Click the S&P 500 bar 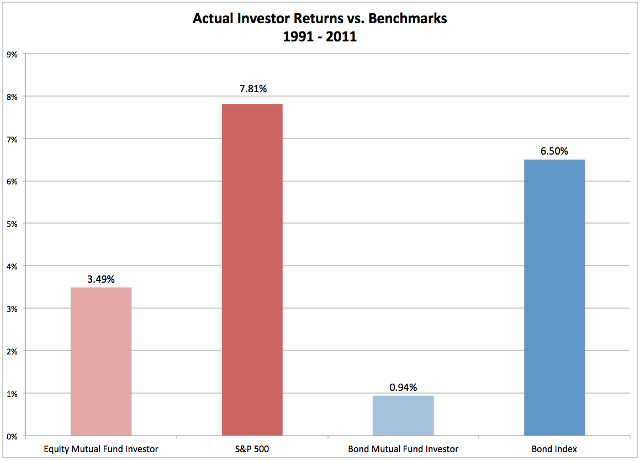[252, 269]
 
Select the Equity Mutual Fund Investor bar [101, 362]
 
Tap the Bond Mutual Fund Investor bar [403, 416]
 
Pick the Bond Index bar [554, 298]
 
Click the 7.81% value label [252, 88]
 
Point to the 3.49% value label [101, 279]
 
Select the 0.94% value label [403, 388]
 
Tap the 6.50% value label [554, 151]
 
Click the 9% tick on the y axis [12, 55]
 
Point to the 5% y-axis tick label [12, 224]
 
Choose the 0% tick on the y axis [12, 436]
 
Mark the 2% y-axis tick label [12, 351]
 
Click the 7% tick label [12, 139]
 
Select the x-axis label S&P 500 [252, 449]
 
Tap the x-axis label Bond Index [554, 449]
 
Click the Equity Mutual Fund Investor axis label [101, 449]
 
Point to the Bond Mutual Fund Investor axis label [403, 449]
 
